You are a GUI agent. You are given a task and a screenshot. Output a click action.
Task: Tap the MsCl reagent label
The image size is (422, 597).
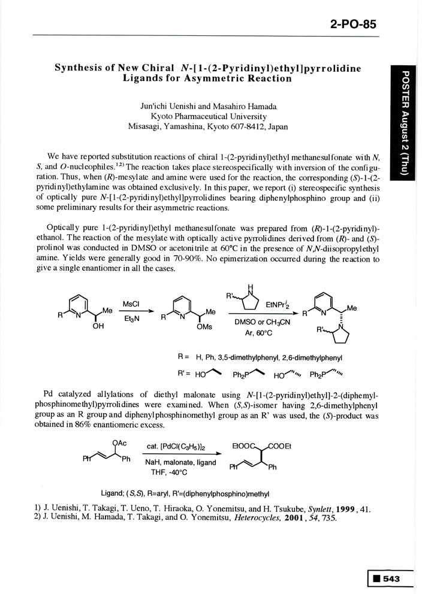[x=131, y=304]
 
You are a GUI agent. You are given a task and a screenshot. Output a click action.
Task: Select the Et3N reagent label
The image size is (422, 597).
[x=131, y=319]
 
